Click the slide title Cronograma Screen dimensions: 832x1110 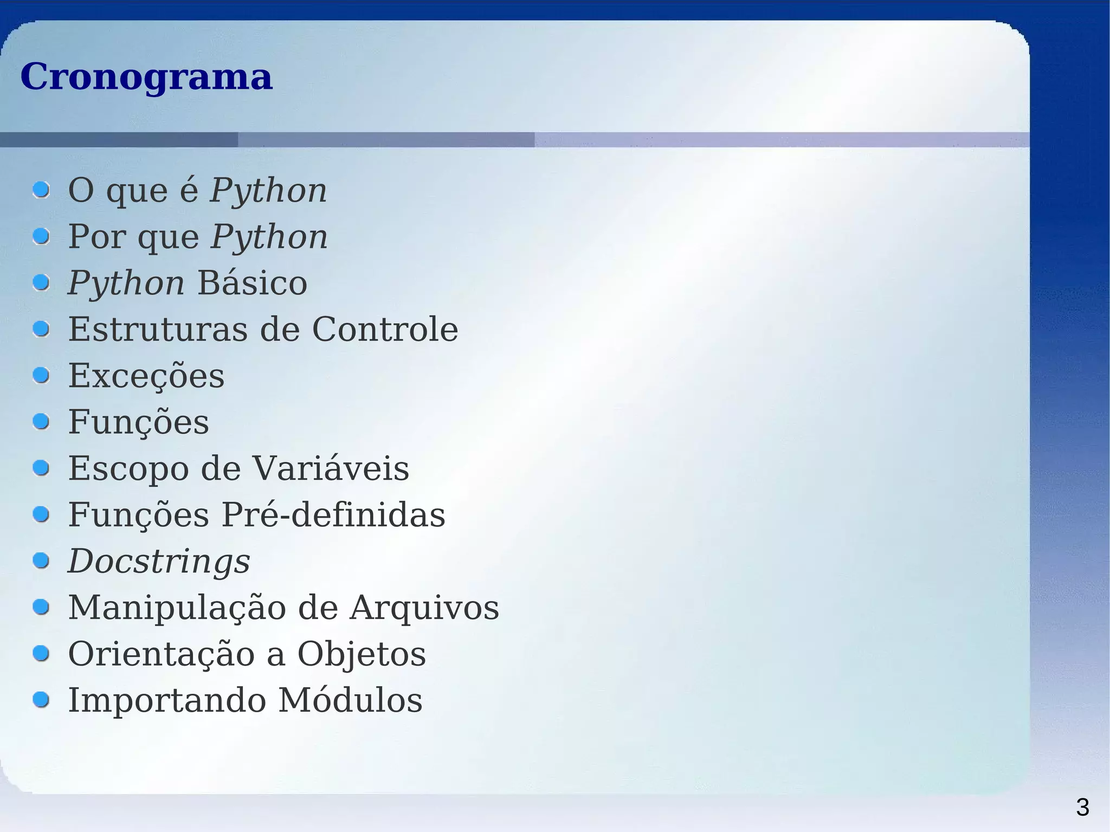pos(146,76)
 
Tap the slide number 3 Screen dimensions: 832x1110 pos(1082,808)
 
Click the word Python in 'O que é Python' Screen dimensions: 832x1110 pos(269,191)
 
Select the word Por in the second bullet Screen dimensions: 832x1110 pos(96,237)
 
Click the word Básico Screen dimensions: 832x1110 pos(252,283)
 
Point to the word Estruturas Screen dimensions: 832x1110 pos(158,329)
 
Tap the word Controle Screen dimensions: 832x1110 pos(385,329)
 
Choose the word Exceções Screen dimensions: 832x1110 pos(146,376)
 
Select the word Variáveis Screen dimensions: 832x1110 pos(331,468)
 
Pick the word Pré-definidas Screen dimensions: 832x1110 pos(333,514)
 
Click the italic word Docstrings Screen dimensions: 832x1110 pos(159,561)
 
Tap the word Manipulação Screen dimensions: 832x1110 pos(177,607)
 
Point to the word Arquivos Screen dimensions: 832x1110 pos(424,607)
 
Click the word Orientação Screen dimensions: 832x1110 pos(162,654)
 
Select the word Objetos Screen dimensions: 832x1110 pos(362,654)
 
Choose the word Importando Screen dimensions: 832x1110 pos(167,700)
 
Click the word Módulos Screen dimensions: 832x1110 pos(350,700)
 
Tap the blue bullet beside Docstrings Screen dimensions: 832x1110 pos(41,560)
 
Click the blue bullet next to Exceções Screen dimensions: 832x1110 pos(41,375)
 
